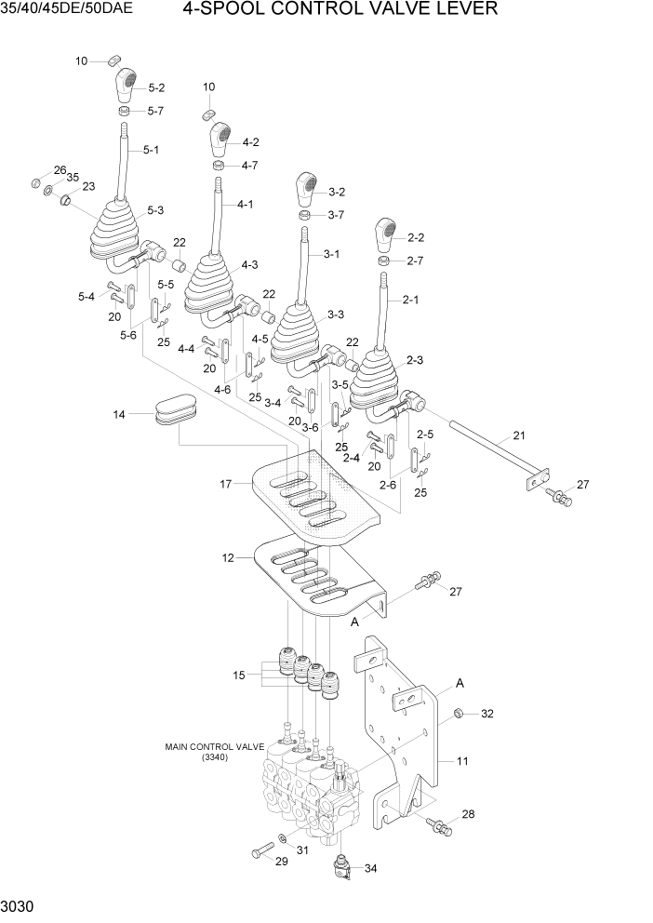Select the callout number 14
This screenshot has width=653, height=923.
click(118, 414)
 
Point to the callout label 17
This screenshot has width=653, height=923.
click(225, 483)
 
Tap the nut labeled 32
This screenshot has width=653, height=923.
click(459, 714)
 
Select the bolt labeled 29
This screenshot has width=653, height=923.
click(260, 849)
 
